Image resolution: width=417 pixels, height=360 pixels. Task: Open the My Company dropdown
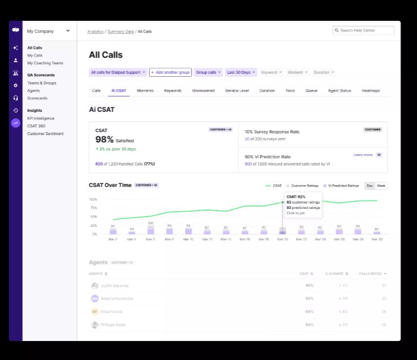pos(48,31)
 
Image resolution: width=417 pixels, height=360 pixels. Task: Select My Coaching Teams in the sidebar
pos(45,63)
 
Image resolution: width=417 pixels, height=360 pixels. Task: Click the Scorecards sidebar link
pos(37,98)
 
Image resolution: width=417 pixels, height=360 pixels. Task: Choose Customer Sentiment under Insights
pos(45,134)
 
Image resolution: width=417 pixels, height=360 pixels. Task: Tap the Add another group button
pos(170,73)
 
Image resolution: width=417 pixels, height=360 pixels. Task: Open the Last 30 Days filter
pos(241,73)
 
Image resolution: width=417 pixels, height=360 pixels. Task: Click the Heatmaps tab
pos(370,90)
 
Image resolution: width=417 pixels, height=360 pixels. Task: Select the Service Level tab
pos(236,90)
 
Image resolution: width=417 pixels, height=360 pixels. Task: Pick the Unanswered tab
pos(203,90)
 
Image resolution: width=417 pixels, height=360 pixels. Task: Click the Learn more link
pos(362,155)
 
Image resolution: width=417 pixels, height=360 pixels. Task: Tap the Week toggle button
pos(381,186)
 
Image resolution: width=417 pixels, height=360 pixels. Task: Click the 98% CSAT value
pos(104,139)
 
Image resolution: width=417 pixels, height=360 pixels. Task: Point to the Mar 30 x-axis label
pos(376,239)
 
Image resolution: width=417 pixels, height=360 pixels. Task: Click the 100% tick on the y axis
pos(93,199)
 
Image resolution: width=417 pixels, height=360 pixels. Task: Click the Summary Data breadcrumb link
pos(121,31)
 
